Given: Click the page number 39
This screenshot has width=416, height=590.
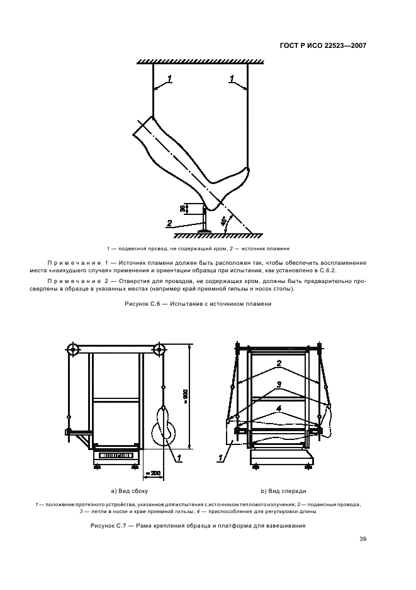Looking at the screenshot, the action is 363,539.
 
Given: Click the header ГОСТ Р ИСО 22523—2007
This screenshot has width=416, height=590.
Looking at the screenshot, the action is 323,46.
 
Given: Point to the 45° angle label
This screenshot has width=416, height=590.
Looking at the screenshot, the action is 224,221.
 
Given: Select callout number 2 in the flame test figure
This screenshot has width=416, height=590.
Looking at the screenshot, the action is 169,223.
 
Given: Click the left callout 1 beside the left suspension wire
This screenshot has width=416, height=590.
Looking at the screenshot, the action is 170,79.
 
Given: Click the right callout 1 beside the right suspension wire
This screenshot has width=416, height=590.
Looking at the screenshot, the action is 232,79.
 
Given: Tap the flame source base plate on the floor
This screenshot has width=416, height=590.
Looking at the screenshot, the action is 205,231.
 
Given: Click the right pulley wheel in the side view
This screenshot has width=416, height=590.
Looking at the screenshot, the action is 160,350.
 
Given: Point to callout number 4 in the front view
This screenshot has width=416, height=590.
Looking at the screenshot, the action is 278,407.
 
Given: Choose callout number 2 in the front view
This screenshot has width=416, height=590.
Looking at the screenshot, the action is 278,363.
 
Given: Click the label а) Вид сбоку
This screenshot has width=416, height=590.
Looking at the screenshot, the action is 130,490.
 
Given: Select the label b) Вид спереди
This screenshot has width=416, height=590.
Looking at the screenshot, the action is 283,490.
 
